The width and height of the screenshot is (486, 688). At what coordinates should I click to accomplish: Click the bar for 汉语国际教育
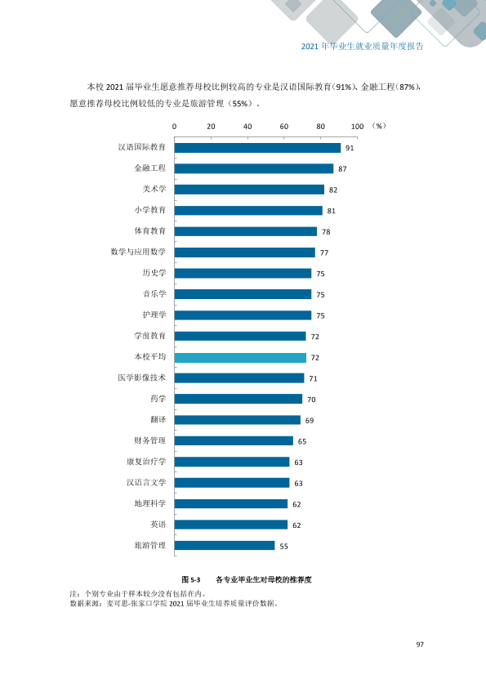pyautogui.click(x=257, y=148)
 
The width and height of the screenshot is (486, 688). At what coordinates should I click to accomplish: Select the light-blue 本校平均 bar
pyautogui.click(x=240, y=358)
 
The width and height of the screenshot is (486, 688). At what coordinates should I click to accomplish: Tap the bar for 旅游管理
pyautogui.click(x=225, y=545)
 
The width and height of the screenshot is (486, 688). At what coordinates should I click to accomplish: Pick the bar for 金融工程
pyautogui.click(x=254, y=168)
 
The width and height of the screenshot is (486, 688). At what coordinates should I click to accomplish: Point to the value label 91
pyautogui.click(x=350, y=149)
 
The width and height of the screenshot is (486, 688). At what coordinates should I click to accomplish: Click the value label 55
pyautogui.click(x=283, y=547)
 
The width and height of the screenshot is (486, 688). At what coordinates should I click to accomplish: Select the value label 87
pyautogui.click(x=342, y=169)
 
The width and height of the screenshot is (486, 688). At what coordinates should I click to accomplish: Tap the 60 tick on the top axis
pyautogui.click(x=284, y=127)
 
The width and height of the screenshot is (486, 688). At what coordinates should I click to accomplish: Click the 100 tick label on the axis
pyautogui.click(x=358, y=127)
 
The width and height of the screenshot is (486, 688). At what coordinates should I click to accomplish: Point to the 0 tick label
pyautogui.click(x=174, y=127)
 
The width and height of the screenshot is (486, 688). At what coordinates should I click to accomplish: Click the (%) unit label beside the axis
pyautogui.click(x=378, y=126)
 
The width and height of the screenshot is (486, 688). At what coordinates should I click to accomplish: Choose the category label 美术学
pyautogui.click(x=154, y=189)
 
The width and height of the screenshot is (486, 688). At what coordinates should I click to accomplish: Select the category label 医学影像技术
pyautogui.click(x=142, y=378)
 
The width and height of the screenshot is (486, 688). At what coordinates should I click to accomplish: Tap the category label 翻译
pyautogui.click(x=158, y=419)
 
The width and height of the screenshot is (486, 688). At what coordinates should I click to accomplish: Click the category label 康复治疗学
pyautogui.click(x=146, y=462)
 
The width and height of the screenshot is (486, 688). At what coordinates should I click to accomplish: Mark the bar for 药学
pyautogui.click(x=239, y=399)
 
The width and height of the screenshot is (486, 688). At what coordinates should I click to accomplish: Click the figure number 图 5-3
pyautogui.click(x=191, y=579)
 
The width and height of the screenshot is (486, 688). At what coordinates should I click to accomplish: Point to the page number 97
pyautogui.click(x=420, y=644)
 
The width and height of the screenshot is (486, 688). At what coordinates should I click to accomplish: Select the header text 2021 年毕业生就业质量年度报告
pyautogui.click(x=363, y=47)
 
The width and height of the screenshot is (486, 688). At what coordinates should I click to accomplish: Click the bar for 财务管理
pyautogui.click(x=234, y=440)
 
